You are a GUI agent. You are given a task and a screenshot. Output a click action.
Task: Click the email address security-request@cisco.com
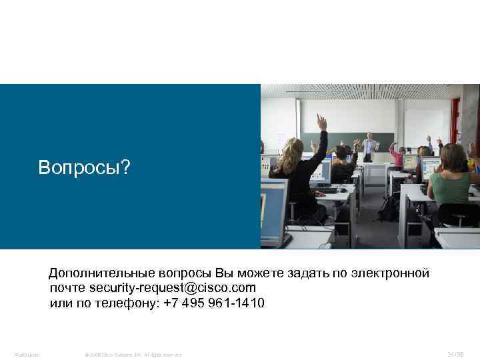172,288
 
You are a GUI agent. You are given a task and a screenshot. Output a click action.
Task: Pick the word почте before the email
67,288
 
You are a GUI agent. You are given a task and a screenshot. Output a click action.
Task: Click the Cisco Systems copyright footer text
133,354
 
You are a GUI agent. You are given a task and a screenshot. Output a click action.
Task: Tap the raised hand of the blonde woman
322,121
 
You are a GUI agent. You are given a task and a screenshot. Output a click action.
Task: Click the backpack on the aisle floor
389,208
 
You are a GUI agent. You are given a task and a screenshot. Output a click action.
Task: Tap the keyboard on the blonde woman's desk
330,191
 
